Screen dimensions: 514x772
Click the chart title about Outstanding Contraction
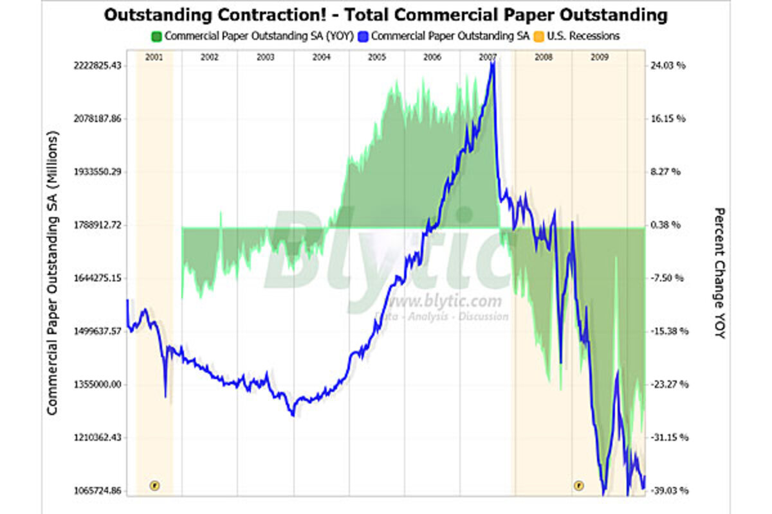pyautogui.click(x=385, y=15)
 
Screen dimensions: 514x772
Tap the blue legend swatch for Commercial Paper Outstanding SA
pyautogui.click(x=364, y=37)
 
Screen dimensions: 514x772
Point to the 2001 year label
pyautogui.click(x=154, y=57)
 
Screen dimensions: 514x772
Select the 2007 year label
pyautogui.click(x=488, y=57)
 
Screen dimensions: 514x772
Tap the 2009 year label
pyautogui.click(x=600, y=57)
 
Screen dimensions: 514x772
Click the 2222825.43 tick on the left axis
pyautogui.click(x=96, y=66)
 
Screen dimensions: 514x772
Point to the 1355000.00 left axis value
pyautogui.click(x=96, y=384)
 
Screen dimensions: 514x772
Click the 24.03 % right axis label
pyautogui.click(x=666, y=66)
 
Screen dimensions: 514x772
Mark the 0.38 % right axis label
pyautogui.click(x=666, y=226)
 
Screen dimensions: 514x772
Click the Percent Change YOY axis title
pyautogui.click(x=720, y=273)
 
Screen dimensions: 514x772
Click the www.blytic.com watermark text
pyautogui.click(x=445, y=301)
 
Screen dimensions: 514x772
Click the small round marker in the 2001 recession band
pyautogui.click(x=154, y=485)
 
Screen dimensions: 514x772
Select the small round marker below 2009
pyautogui.click(x=578, y=485)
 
